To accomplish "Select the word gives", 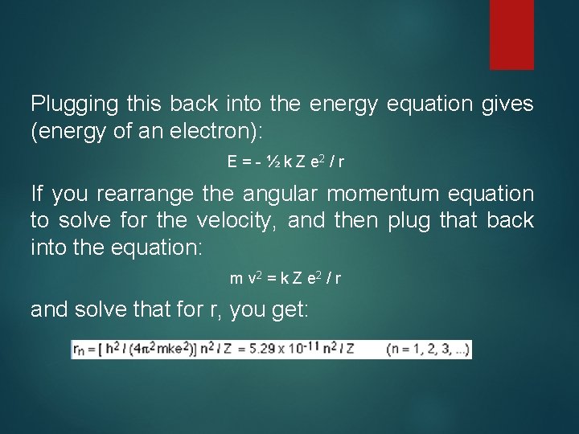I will (505, 104).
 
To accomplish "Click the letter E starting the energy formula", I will (232, 162).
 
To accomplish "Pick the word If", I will (37, 194).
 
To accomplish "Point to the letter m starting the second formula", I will (236, 279).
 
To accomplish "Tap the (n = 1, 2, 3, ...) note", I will (426, 350).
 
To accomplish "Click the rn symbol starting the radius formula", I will (79, 350).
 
